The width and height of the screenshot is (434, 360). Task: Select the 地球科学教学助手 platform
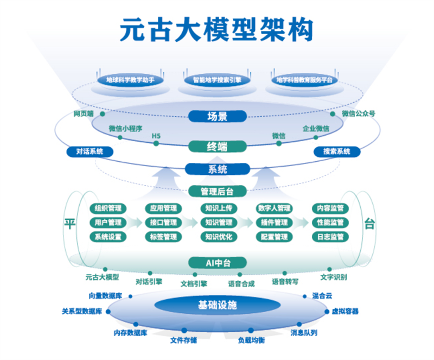(x=130, y=80)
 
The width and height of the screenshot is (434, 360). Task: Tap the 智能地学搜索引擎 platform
(x=217, y=80)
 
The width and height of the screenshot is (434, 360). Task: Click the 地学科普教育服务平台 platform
(x=304, y=80)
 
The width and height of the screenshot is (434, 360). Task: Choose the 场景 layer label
(x=218, y=116)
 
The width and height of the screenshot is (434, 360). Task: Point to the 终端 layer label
(x=218, y=147)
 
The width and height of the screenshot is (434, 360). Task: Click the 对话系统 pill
(x=90, y=151)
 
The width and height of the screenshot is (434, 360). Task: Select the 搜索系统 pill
(x=337, y=151)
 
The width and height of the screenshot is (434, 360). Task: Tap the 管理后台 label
(x=218, y=191)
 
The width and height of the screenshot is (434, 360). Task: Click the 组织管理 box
(x=108, y=209)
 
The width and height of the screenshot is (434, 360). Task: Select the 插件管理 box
(x=274, y=223)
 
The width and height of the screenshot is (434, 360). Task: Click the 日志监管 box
(x=330, y=237)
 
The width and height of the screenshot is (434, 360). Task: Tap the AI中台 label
(x=218, y=263)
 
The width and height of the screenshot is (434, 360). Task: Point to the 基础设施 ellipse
(x=218, y=305)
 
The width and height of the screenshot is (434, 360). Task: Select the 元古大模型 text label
(x=101, y=277)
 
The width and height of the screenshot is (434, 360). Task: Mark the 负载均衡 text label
(x=251, y=340)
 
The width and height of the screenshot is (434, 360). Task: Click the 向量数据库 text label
(x=106, y=296)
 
